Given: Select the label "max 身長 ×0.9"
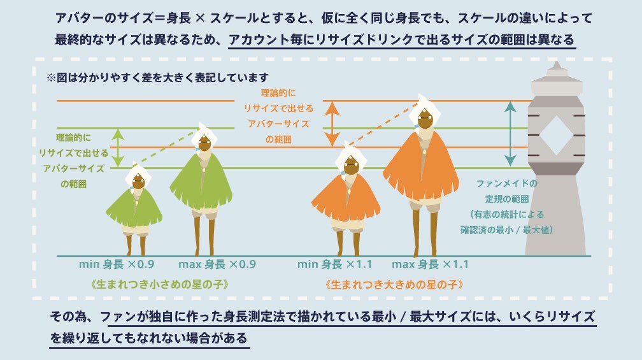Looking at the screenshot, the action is click(x=216, y=264).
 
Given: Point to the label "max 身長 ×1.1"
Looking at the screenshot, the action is click(x=431, y=264).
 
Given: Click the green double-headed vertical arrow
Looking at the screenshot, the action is click(x=117, y=148).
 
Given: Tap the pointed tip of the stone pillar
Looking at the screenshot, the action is click(x=556, y=64).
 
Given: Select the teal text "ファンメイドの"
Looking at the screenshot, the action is click(x=506, y=184).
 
